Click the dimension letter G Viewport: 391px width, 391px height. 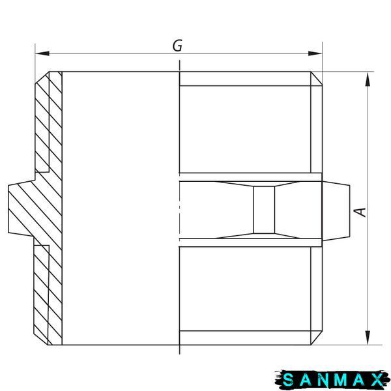[177, 46]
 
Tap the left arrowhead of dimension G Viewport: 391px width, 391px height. [42, 53]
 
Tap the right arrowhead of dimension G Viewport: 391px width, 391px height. [315, 53]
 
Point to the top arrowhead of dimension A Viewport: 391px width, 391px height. [368, 79]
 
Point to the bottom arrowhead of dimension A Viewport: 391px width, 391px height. [368, 338]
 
